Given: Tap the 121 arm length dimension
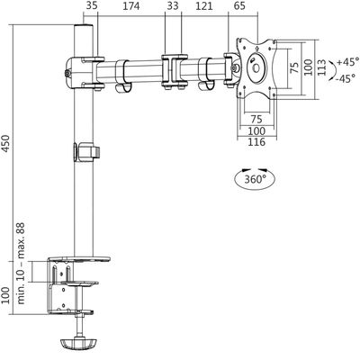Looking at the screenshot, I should (x=204, y=8).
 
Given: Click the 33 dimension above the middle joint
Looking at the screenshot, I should (x=173, y=8).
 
